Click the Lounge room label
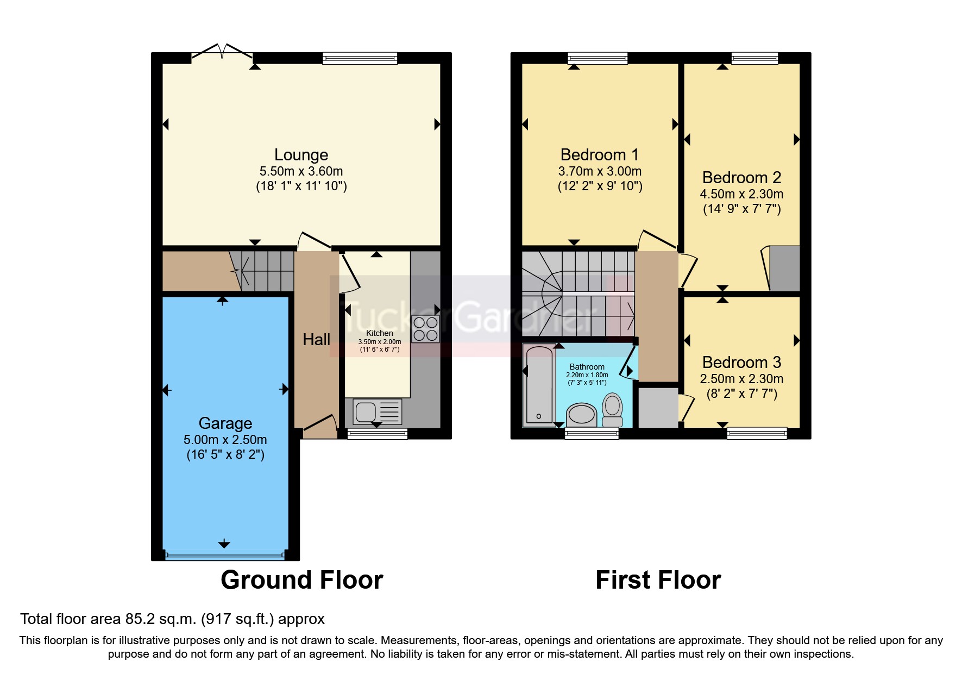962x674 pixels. [x=301, y=155]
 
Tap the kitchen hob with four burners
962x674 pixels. [x=425, y=329]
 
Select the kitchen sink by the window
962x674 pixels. [x=378, y=411]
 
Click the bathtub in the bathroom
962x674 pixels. [x=538, y=386]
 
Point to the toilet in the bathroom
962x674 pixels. [x=613, y=410]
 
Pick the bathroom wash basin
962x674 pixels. [x=581, y=415]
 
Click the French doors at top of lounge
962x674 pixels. [x=222, y=52]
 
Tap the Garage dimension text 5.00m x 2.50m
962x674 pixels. [x=225, y=440]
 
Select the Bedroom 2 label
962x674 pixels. [x=741, y=178]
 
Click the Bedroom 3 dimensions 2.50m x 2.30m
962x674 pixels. [x=741, y=379]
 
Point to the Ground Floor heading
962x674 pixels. [x=301, y=580]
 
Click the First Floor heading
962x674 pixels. [x=658, y=580]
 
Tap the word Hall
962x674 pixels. [x=316, y=340]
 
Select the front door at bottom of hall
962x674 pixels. [x=319, y=427]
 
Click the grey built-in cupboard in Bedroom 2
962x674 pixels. [x=784, y=269]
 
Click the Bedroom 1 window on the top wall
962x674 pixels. [x=598, y=58]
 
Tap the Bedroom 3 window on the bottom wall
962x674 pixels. [x=757, y=433]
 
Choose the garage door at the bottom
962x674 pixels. [x=224, y=556]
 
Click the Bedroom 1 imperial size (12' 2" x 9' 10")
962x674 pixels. [x=600, y=186]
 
